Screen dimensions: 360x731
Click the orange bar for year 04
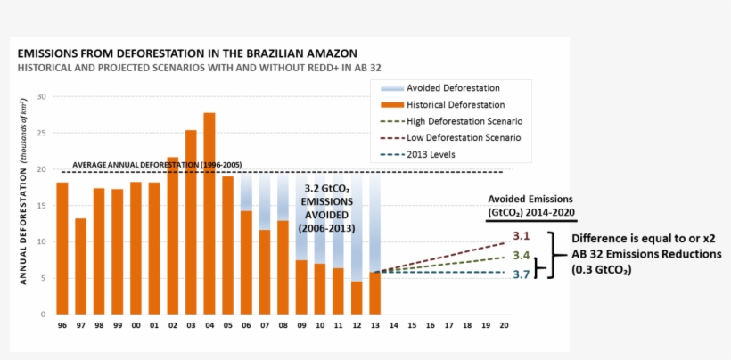pos(209,214)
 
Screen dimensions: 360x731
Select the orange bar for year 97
pos(81,266)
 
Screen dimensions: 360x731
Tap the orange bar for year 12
pos(357,298)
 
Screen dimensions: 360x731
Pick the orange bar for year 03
pos(191,222)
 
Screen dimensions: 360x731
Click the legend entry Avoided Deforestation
pos(453,88)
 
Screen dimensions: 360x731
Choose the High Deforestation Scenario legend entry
pos(464,121)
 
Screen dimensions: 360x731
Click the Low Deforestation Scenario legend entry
pos(464,138)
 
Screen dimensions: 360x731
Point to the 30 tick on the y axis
pos(42,96)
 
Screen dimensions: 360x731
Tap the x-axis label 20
pos(505,327)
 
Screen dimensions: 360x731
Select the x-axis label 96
pos(62,327)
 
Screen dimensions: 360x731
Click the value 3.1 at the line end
pos(522,237)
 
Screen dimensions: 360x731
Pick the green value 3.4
pos(522,256)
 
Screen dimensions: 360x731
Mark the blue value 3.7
pos(522,274)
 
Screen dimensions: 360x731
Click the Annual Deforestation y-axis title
pos(23,206)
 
